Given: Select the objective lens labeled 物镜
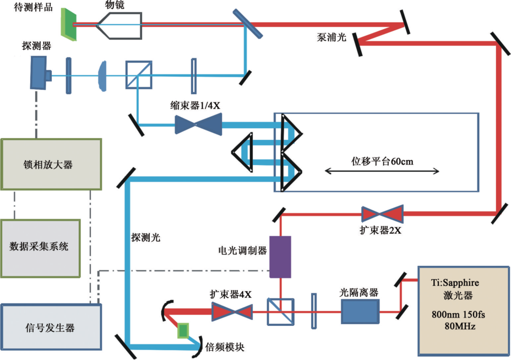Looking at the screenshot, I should tap(120, 25).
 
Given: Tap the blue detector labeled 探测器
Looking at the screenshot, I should tap(40, 73).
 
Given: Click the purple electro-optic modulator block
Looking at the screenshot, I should tap(280, 257).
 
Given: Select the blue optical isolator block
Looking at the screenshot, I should tap(361, 312).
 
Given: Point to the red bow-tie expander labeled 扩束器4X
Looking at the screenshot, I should tap(232, 312).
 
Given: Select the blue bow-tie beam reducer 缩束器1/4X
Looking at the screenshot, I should tap(198, 124).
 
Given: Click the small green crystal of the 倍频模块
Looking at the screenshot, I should tap(183, 330).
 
